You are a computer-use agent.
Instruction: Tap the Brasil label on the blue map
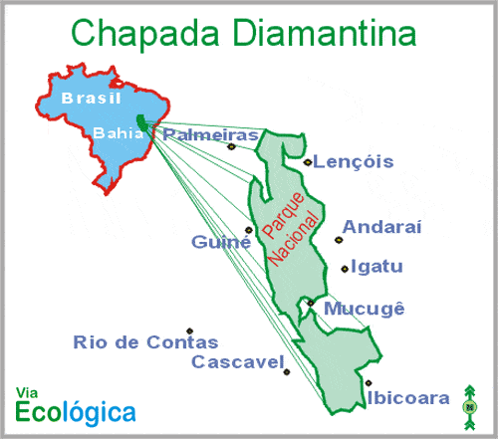tap(90, 98)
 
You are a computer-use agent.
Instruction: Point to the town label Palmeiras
tap(211, 133)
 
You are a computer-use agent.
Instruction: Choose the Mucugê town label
tap(365, 309)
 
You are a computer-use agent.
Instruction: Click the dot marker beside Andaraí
tap(339, 239)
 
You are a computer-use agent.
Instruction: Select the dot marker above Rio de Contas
tap(188, 331)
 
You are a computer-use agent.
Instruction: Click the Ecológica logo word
tap(77, 410)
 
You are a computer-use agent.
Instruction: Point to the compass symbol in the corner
tap(469, 405)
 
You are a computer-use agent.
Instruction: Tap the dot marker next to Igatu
tap(344, 268)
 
